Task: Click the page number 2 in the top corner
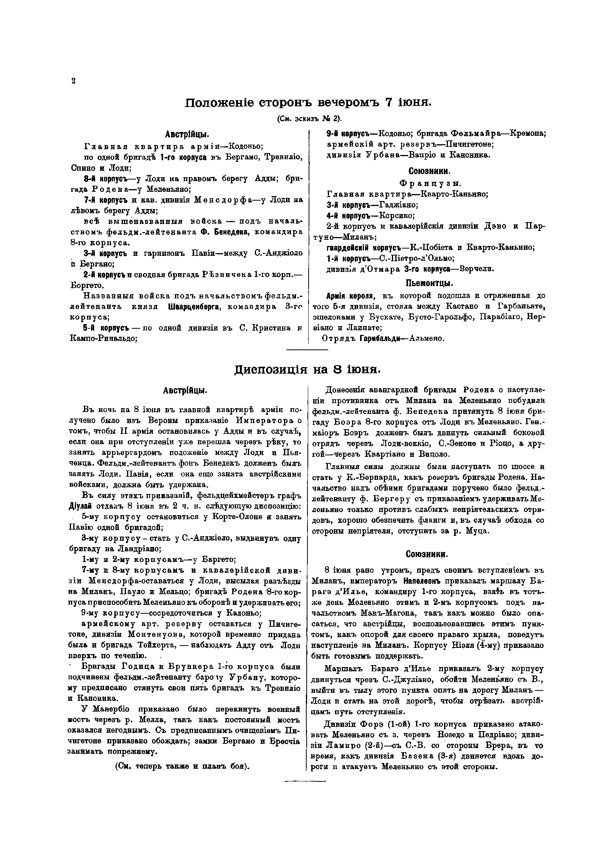pos(73,81)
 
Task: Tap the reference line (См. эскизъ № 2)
pos(309,119)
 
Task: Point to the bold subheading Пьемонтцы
pos(430,284)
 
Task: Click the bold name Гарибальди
pos(379,339)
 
